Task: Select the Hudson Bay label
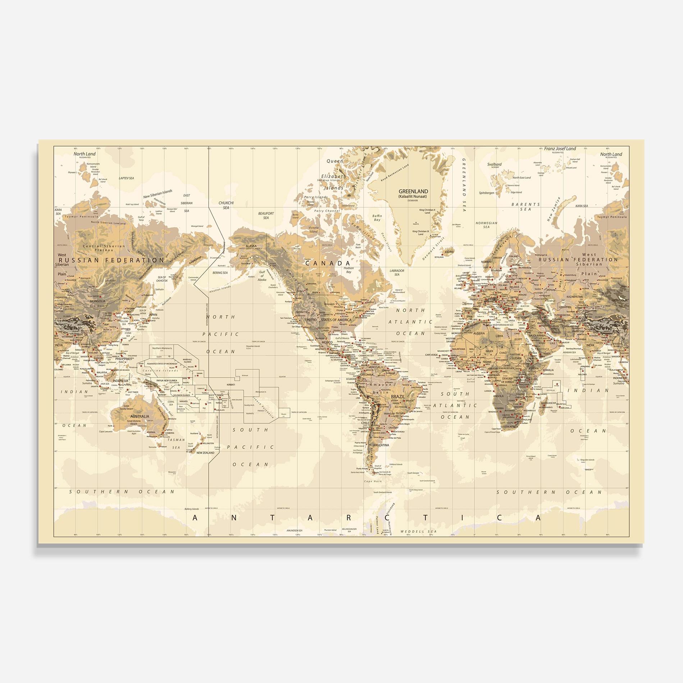pos(349,270)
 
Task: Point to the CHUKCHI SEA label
pos(226,205)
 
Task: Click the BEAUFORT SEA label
pos(266,215)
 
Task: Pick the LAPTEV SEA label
pos(127,178)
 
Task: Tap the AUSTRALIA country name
pos(140,416)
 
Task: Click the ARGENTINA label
pos(381,445)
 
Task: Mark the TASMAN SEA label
pos(176,443)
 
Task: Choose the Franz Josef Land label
pos(560,148)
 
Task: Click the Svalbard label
pos(494,164)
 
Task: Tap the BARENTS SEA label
pos(526,206)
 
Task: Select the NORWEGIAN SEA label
pos(486,225)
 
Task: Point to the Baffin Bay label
pos(377,218)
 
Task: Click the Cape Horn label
pos(372,481)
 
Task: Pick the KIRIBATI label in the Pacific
pos(231,384)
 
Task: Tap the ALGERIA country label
pos(479,333)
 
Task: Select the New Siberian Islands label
pos(158,194)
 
